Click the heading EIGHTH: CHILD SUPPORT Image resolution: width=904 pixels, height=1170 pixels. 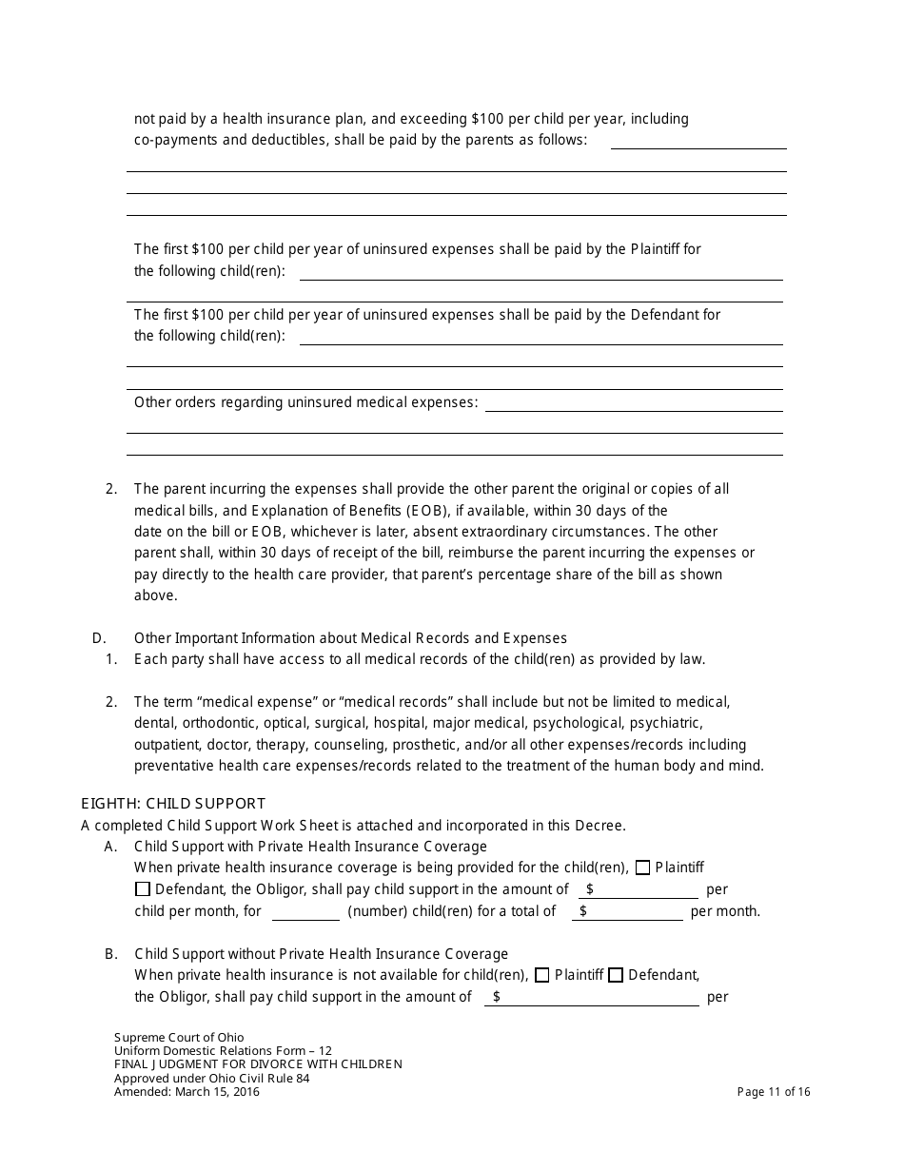[x=173, y=804]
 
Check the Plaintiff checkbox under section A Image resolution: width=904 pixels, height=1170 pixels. [x=643, y=868]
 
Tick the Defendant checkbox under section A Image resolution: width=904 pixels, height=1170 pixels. [x=143, y=889]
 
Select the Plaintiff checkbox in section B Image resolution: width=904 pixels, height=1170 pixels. [x=542, y=975]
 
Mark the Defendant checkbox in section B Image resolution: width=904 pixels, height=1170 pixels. [x=616, y=975]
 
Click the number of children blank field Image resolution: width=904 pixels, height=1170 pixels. [x=305, y=911]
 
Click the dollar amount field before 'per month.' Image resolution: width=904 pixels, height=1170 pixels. [x=628, y=911]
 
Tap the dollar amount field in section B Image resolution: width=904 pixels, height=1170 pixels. [x=592, y=997]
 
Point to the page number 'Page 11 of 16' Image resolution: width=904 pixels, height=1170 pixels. [x=774, y=1092]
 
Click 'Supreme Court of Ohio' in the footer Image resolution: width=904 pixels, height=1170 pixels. [x=179, y=1038]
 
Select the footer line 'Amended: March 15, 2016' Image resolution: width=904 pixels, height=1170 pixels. [x=187, y=1092]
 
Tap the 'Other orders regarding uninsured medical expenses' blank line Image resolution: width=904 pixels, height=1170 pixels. [x=634, y=402]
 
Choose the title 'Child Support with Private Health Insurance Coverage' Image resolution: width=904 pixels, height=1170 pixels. [x=310, y=847]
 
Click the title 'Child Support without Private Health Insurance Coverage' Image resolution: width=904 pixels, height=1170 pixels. [x=322, y=954]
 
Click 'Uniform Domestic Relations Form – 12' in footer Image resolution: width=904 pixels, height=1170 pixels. [x=223, y=1051]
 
